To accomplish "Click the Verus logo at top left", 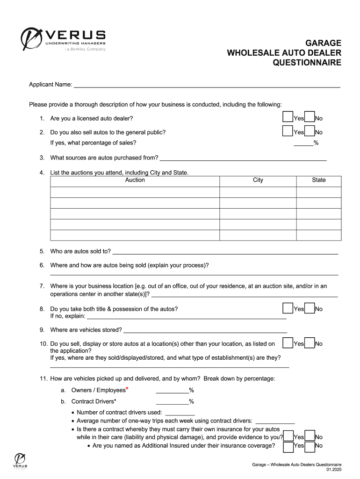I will [63, 40].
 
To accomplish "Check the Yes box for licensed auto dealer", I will [288, 117].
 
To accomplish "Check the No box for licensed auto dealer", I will [310, 117].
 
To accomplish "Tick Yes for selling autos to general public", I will [288, 131].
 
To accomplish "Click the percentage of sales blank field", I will [303, 143].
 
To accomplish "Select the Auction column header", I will [135, 180].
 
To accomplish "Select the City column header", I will [258, 180].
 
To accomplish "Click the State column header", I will [318, 180].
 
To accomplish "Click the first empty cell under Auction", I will [135, 192].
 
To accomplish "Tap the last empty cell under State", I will [318, 235].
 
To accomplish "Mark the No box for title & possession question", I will [310, 308].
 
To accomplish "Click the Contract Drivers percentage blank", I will [172, 401].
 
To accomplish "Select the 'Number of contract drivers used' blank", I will [179, 412].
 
